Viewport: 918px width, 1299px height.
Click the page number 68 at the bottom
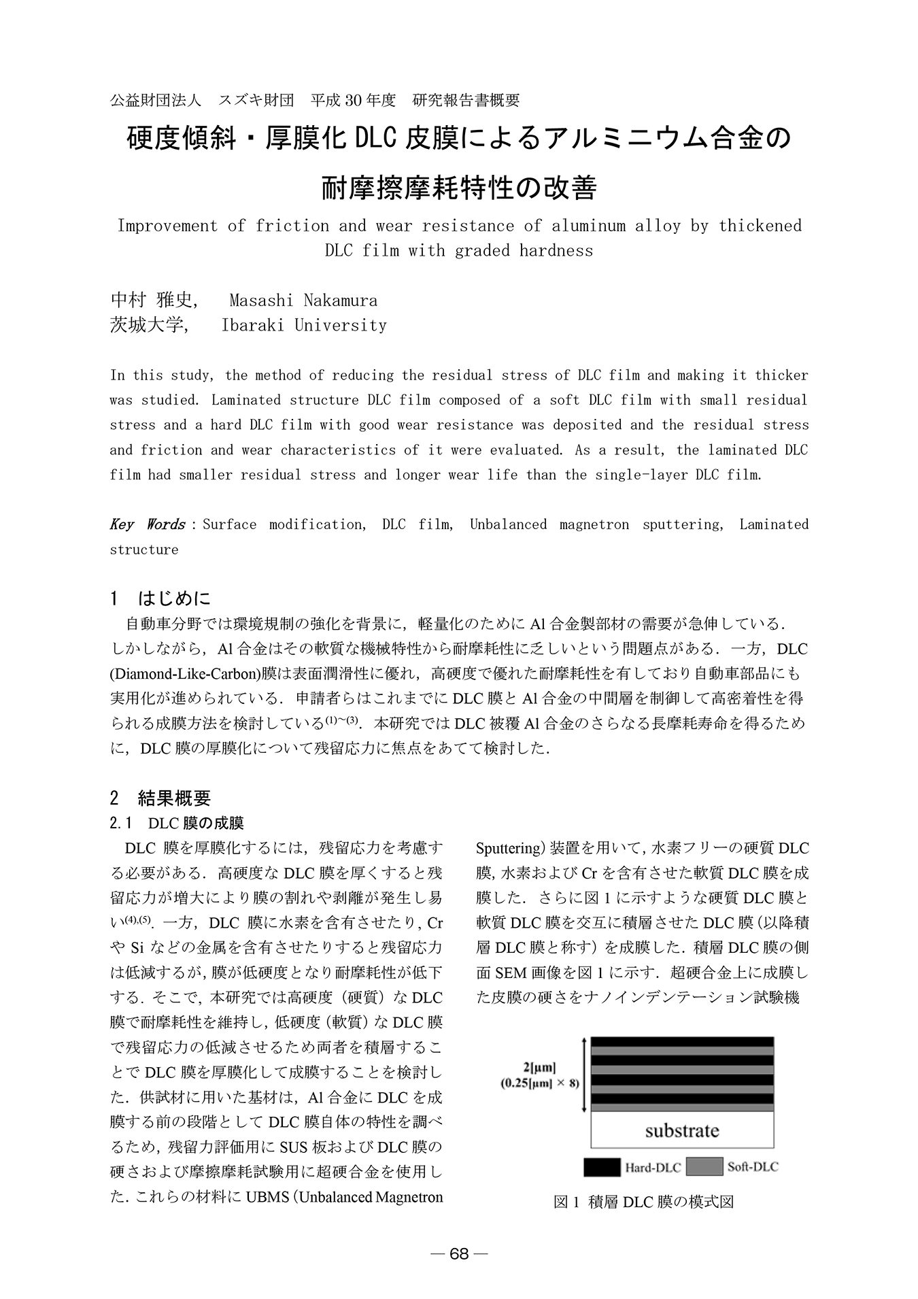pyautogui.click(x=459, y=1254)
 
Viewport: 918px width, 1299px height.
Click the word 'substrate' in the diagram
pyautogui.click(x=682, y=1131)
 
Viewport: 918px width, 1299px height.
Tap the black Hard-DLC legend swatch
pyautogui.click(x=602, y=1167)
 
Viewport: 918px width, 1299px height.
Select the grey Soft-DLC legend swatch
pyautogui.click(x=704, y=1167)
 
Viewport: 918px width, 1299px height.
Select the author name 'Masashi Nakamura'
pyautogui.click(x=303, y=300)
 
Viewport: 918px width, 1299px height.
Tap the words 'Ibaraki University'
pyautogui.click(x=304, y=325)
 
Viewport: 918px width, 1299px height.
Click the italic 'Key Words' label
pyautogui.click(x=148, y=524)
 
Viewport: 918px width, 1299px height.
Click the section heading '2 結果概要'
pyautogui.click(x=160, y=797)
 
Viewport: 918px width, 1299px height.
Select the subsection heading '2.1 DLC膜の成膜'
pyautogui.click(x=177, y=823)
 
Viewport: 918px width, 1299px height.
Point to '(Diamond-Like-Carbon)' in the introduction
pyautogui.click(x=186, y=673)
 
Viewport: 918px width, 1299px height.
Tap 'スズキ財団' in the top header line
pyautogui.click(x=256, y=100)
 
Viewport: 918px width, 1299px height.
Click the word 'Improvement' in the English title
pyautogui.click(x=167, y=225)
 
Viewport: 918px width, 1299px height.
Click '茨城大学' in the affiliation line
pyautogui.click(x=147, y=325)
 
